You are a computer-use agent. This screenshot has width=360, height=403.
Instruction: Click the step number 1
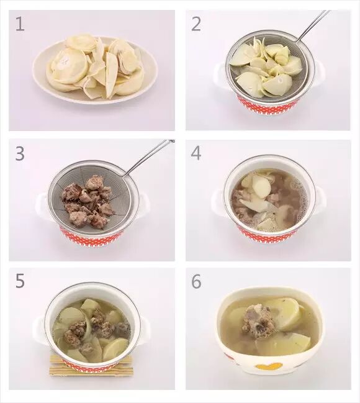click(x=20, y=24)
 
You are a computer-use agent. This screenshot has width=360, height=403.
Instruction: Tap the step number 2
click(x=196, y=24)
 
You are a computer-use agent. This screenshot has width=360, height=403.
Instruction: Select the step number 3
click(x=20, y=153)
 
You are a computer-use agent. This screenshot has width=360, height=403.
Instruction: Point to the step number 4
click(x=196, y=153)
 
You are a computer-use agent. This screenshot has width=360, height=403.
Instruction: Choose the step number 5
click(x=20, y=281)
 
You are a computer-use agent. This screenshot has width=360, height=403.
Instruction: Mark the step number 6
click(x=196, y=281)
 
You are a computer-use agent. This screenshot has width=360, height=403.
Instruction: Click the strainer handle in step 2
click(x=313, y=25)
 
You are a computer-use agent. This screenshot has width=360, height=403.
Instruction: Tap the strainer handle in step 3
click(x=148, y=158)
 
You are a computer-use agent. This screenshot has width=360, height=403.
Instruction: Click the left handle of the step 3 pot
click(x=42, y=204)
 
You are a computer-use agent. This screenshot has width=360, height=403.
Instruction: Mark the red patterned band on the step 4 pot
click(x=268, y=233)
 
